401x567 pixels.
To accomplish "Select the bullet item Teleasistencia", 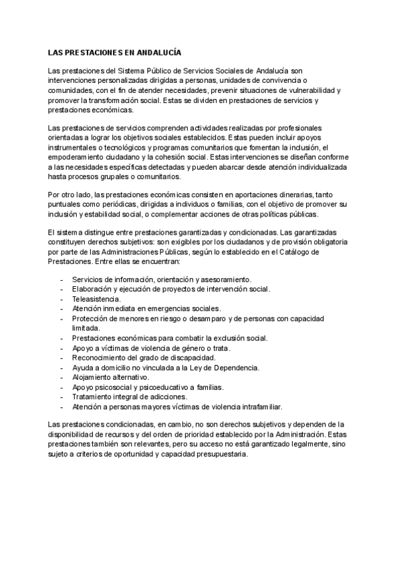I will coord(96,298).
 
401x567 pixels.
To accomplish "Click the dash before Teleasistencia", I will coord(62,298).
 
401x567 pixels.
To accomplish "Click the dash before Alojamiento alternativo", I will coord(62,377).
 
